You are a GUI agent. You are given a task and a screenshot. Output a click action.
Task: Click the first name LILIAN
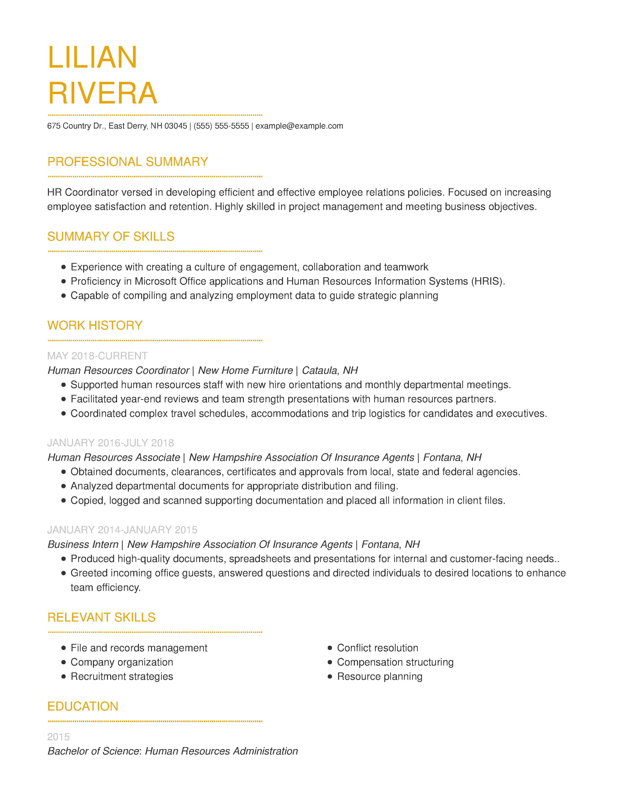tap(92, 58)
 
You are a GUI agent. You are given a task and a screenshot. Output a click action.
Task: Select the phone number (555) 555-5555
tap(221, 126)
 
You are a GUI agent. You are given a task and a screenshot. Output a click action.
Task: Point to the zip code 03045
tap(176, 126)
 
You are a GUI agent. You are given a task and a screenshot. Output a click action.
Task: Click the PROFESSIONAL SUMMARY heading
tap(127, 162)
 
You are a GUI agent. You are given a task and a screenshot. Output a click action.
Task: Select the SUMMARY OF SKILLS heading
tap(111, 236)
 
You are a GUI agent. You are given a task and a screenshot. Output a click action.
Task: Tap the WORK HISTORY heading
tap(95, 326)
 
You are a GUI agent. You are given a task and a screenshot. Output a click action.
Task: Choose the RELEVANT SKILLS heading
tap(101, 617)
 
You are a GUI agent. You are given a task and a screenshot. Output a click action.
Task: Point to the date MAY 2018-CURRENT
tap(97, 356)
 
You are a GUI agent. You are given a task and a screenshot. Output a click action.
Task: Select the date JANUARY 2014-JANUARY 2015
tap(122, 530)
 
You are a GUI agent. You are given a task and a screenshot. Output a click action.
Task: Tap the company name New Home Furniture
tap(245, 370)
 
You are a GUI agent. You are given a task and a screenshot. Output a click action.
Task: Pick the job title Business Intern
tap(83, 544)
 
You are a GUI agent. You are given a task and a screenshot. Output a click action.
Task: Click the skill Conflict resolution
tap(377, 648)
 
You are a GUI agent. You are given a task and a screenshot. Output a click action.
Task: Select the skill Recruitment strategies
tap(122, 677)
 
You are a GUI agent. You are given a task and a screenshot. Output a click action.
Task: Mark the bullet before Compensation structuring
tap(330, 663)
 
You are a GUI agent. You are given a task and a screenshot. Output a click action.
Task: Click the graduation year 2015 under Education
tap(58, 737)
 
